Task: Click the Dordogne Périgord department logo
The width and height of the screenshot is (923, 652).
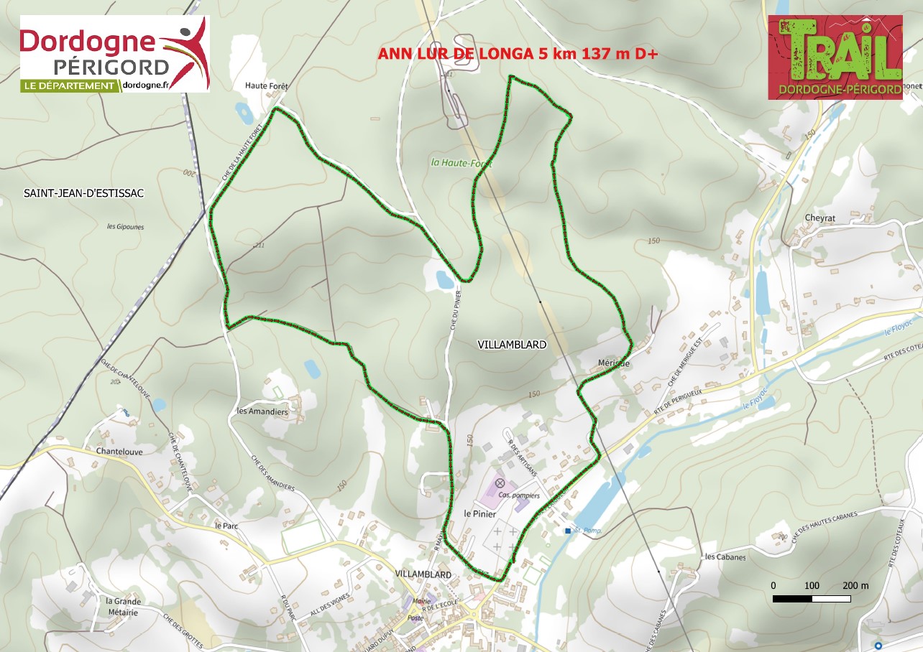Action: click(115, 54)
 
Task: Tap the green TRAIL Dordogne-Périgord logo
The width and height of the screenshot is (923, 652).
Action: click(835, 57)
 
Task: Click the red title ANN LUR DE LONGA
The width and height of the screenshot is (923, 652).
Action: click(518, 54)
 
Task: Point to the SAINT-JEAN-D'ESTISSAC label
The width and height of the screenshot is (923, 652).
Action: click(83, 194)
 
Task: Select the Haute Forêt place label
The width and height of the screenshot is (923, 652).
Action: click(266, 85)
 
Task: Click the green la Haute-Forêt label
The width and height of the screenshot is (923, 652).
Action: click(461, 163)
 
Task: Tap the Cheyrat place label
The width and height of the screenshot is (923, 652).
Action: click(820, 218)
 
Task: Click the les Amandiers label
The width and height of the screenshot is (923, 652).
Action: click(262, 412)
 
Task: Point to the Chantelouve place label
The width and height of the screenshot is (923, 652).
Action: click(117, 452)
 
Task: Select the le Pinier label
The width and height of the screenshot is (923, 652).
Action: click(480, 513)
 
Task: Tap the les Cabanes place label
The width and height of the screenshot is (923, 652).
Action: click(725, 556)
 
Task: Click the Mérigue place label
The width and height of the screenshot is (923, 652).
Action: click(613, 363)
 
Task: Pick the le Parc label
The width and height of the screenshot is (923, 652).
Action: click(226, 525)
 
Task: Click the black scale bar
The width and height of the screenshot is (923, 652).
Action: click(812, 598)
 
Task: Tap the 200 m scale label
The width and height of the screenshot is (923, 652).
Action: click(855, 585)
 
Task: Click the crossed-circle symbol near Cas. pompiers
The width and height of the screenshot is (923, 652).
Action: click(500, 483)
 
